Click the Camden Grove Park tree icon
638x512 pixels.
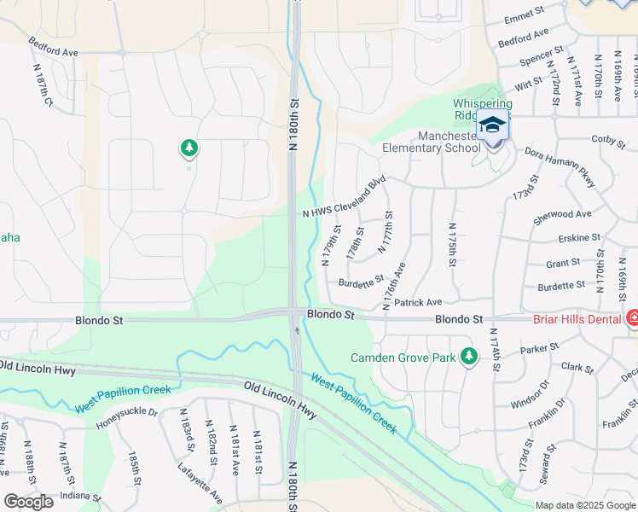click(467, 357)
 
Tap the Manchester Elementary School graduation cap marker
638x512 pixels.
click(492, 126)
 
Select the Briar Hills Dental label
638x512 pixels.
click(577, 319)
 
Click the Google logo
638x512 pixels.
click(28, 502)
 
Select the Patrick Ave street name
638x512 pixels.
click(418, 302)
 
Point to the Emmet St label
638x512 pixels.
click(524, 15)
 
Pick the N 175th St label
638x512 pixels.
click(454, 245)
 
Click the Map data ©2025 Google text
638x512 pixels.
click(585, 505)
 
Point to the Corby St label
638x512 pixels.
click(608, 138)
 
